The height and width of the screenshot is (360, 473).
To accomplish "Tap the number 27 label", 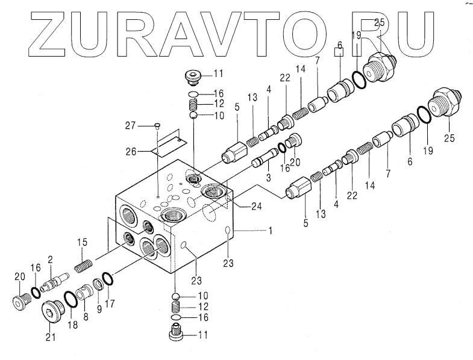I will click(130, 125).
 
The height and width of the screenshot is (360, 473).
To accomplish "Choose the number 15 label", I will click(82, 242).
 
